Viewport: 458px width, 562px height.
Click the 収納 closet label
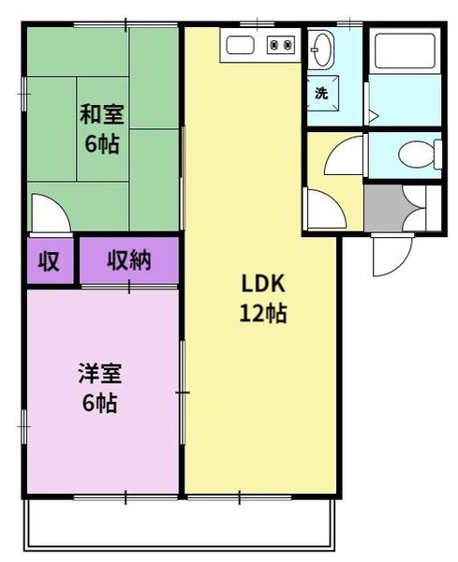coord(128,260)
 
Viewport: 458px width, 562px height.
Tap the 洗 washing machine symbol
coord(321,93)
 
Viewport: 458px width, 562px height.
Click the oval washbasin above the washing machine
coord(322,49)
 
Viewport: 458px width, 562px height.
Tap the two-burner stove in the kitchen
coord(280,43)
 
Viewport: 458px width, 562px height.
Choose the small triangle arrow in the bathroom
coord(372,116)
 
